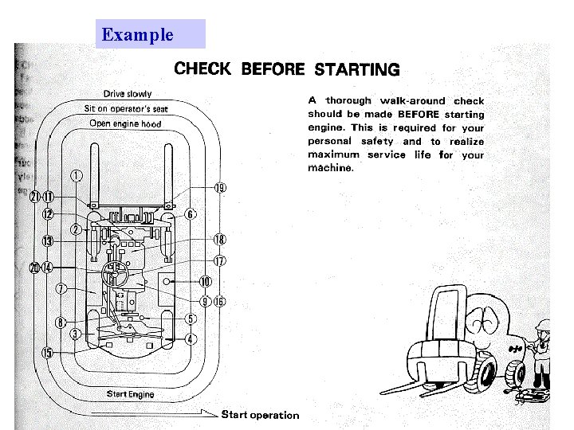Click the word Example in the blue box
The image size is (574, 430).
tap(138, 34)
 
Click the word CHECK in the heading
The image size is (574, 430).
tap(202, 68)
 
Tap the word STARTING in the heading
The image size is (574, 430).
tap(357, 69)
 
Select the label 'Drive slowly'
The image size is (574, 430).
tap(128, 94)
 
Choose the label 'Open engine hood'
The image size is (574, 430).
tap(125, 123)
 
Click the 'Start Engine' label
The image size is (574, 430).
tap(130, 394)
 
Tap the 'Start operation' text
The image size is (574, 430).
tap(260, 414)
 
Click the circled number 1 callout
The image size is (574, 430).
tap(76, 176)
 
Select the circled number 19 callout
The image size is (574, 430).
tap(219, 188)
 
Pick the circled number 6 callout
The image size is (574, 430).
tap(191, 214)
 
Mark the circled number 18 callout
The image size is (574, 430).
tap(219, 240)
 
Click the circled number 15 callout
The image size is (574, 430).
tap(48, 353)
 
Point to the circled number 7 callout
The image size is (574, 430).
tap(61, 290)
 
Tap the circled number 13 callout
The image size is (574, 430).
tap(48, 240)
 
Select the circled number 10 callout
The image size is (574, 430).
tap(205, 281)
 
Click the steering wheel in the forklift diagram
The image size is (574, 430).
tap(116, 275)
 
